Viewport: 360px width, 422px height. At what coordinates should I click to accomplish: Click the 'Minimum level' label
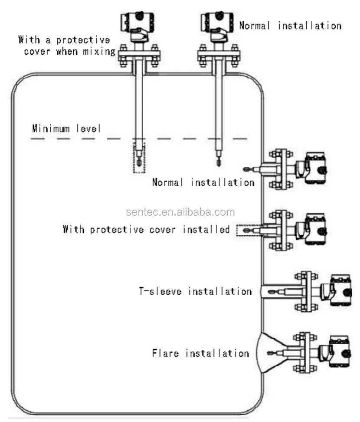coord(66,129)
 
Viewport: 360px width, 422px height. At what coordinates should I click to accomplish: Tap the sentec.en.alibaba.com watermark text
coord(180,212)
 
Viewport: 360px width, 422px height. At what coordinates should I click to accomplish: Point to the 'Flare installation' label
coord(200,353)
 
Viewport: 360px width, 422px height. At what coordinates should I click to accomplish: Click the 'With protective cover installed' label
coord(146,230)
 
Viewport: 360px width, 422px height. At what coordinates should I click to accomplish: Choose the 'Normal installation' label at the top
coord(290,26)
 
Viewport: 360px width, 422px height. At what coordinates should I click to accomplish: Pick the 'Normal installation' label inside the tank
coord(203,182)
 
